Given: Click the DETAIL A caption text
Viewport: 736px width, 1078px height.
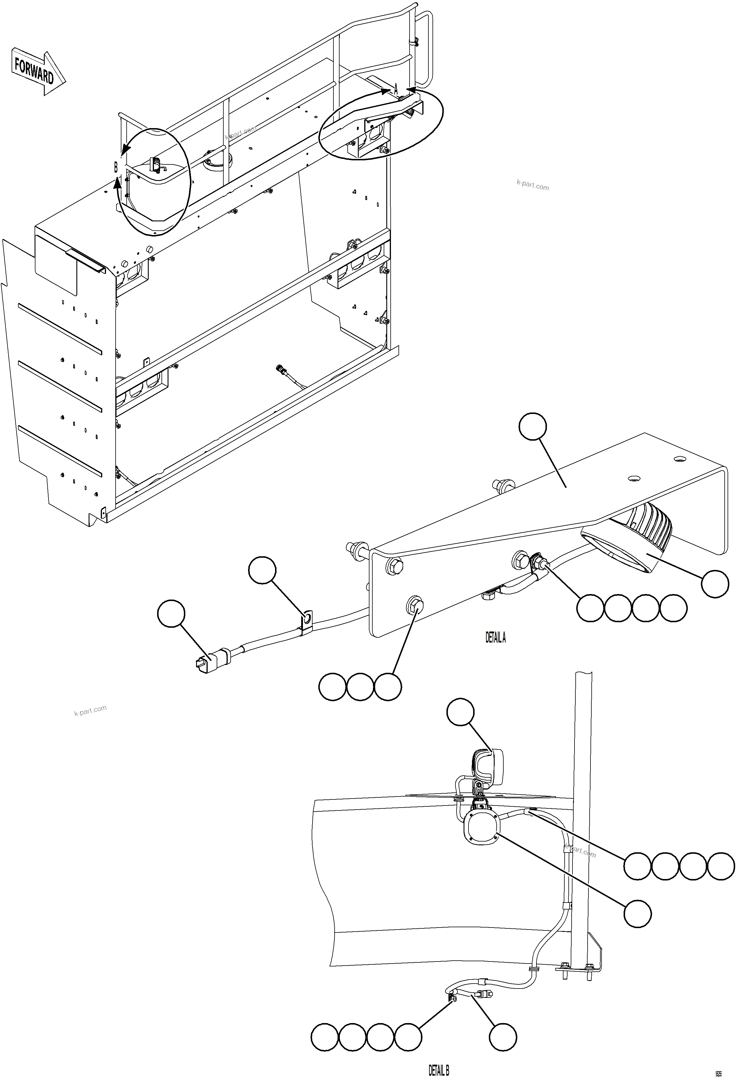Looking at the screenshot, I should [495, 638].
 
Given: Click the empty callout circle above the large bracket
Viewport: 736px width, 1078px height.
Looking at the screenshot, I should [533, 426].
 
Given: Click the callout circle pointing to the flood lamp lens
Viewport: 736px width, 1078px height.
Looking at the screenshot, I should [715, 584].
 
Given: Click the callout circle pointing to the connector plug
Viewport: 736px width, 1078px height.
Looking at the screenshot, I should [171, 613].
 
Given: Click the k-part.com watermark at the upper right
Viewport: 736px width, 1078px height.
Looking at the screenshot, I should [532, 186].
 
